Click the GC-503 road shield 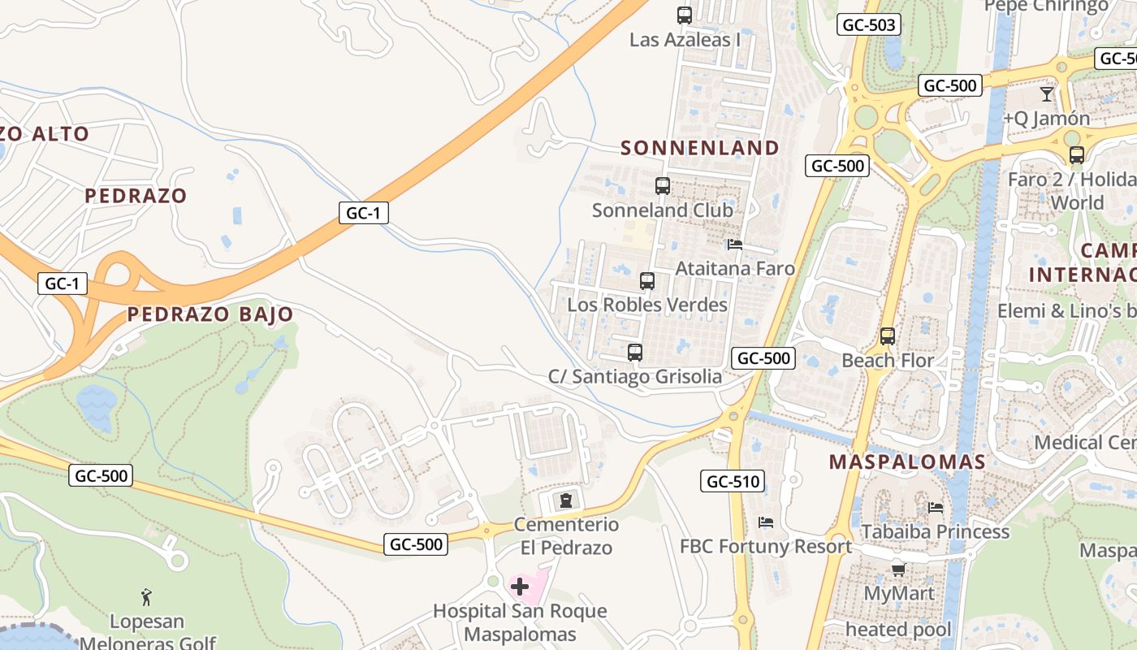point(869,25)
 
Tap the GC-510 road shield point(733,482)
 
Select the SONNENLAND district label point(700,148)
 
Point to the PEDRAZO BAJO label point(210,314)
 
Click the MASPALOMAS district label point(907,462)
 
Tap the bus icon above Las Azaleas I point(685,15)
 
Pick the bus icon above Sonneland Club point(663,186)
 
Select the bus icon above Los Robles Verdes point(647,281)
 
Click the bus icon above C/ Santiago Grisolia point(635,353)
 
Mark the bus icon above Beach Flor point(888,336)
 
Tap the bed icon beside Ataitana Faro point(735,244)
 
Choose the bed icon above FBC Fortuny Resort point(765,522)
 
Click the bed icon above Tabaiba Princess point(936,508)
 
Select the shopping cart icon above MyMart point(898,570)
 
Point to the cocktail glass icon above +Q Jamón point(1047,94)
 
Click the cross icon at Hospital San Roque point(520,586)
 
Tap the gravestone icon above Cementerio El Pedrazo point(566,500)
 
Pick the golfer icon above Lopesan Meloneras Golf point(146,597)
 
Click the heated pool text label point(898,630)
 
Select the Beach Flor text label point(888,360)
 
